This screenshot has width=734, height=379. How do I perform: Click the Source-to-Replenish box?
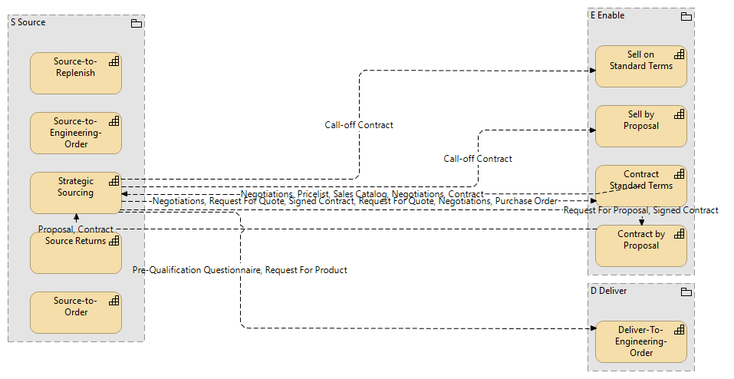point(75,73)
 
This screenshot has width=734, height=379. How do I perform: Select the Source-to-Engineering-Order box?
point(75,133)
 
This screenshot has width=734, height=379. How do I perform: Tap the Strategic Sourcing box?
point(75,193)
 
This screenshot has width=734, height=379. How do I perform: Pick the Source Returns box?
point(75,253)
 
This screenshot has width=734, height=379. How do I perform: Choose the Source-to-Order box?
point(75,312)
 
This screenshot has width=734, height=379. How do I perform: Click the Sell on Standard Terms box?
point(640,66)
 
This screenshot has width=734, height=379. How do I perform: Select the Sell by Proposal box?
point(640,126)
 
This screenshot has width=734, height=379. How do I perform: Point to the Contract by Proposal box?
point(640,246)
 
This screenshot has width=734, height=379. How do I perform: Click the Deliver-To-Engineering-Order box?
point(640,341)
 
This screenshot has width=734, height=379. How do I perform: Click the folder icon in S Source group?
point(137,23)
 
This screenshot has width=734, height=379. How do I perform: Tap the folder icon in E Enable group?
point(686,16)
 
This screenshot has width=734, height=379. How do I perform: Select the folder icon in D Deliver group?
point(686,292)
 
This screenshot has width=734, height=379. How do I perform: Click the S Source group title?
point(28,22)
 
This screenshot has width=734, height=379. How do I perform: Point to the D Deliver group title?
point(608,291)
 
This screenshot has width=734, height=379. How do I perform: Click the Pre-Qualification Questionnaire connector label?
point(239,270)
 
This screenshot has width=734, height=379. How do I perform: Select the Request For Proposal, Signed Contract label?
point(640,210)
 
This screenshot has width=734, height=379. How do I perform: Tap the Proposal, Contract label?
point(75,229)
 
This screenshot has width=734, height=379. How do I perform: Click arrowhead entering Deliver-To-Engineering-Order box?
point(592,328)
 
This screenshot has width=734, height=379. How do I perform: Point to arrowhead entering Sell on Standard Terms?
point(592,71)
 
